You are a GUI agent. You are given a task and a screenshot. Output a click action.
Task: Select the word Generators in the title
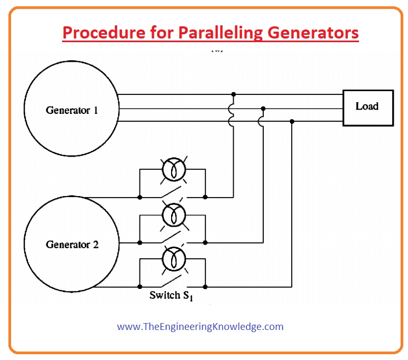coord(313,33)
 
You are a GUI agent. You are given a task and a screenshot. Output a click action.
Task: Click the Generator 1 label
coord(72,111)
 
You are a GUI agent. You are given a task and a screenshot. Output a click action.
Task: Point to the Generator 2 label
coord(72,245)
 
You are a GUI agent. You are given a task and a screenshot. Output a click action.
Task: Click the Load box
coord(367,107)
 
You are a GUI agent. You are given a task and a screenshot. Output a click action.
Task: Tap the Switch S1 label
coord(171,296)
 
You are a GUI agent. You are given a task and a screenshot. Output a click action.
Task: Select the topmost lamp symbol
coord(172,169)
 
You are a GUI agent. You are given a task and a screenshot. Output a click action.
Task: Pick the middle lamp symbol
coord(172,215)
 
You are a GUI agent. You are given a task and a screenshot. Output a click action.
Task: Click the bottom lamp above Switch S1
coord(172,259)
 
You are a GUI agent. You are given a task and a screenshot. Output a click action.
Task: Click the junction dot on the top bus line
coord(233,94)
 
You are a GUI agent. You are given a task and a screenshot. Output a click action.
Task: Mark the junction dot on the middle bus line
coord(263,108)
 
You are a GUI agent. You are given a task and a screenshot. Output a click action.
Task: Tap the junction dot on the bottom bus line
coord(292,121)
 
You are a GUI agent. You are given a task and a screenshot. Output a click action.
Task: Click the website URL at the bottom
coord(200,327)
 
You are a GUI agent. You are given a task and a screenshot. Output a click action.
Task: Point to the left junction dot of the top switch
coord(140,198)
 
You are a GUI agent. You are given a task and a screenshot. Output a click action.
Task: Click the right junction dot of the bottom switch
coord(205,287)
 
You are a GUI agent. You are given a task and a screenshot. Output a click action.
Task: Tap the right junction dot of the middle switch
coord(205,242)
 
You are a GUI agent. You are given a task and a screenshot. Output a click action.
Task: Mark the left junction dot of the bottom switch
coord(140,287)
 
